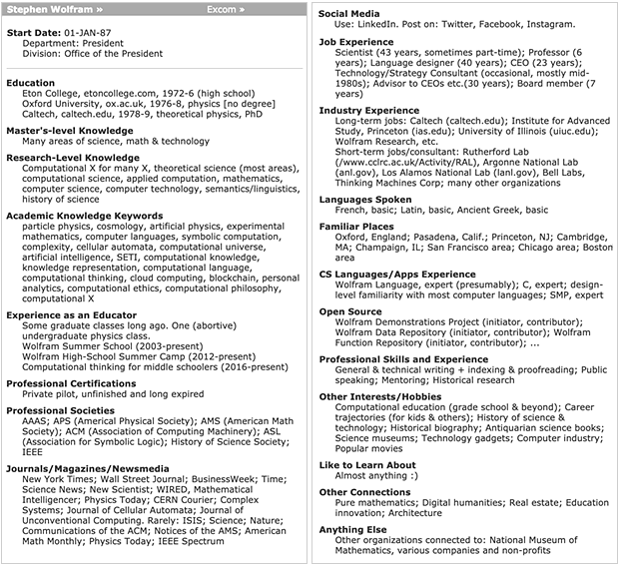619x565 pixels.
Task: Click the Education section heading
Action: pyautogui.click(x=31, y=83)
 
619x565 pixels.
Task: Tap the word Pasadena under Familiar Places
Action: pyautogui.click(x=442, y=241)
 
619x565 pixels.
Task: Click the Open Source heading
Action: pyautogui.click(x=350, y=310)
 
